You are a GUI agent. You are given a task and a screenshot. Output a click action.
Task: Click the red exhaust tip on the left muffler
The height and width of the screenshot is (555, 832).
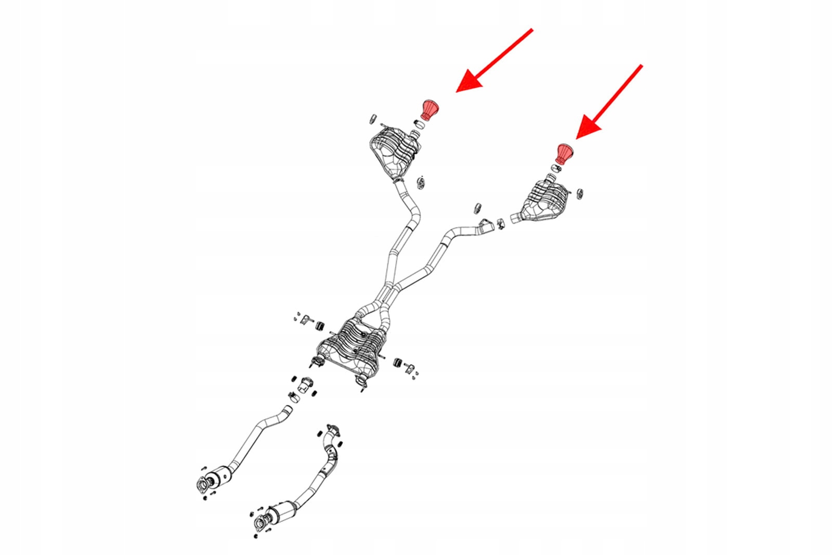tap(430, 109)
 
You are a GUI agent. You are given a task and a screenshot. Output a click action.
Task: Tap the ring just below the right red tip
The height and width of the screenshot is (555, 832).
tap(555, 167)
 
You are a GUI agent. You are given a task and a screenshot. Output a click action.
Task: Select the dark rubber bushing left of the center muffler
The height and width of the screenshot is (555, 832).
tap(320, 326)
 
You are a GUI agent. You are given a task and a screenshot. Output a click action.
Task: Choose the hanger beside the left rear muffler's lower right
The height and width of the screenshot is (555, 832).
tap(422, 183)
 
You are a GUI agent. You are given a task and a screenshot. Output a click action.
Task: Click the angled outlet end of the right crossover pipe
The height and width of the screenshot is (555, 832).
tap(486, 226)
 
